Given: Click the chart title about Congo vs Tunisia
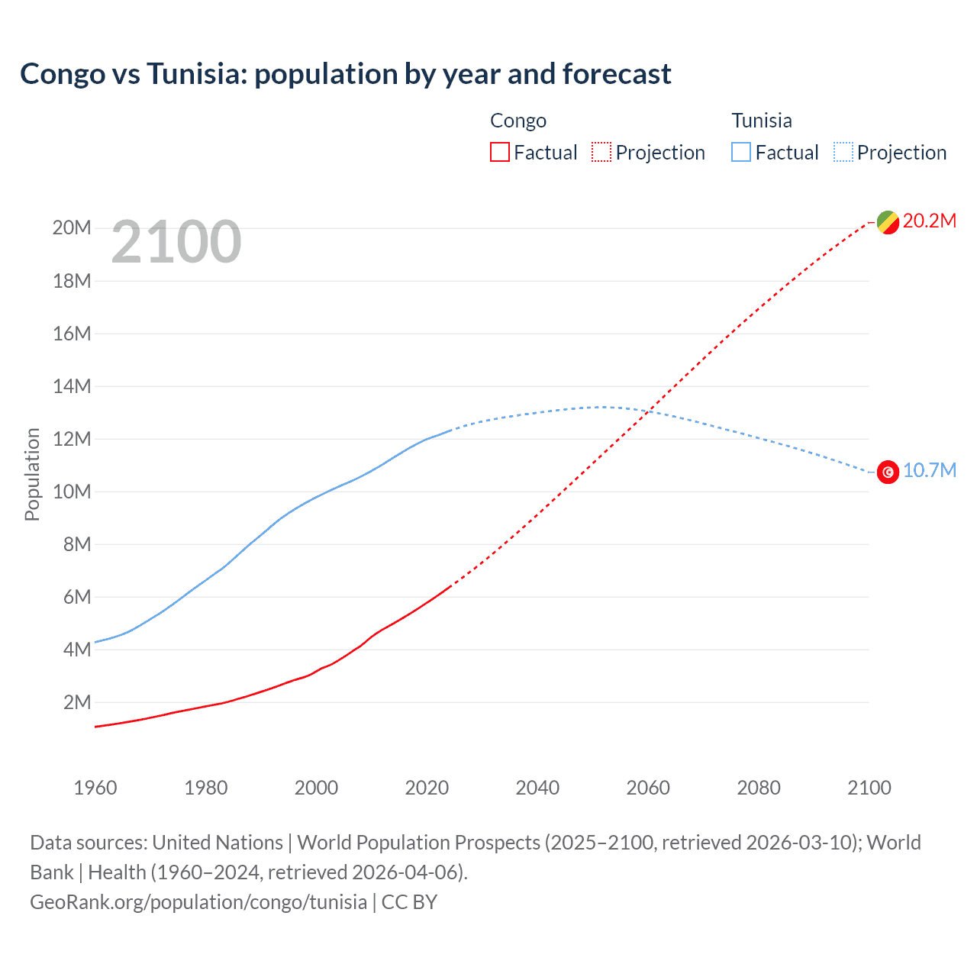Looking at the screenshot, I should (345, 74).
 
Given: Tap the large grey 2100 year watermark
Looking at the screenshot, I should (176, 242).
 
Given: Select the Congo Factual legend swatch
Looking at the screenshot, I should (499, 153).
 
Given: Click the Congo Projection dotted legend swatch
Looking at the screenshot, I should (601, 153).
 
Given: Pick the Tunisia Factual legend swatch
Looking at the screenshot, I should (740, 153).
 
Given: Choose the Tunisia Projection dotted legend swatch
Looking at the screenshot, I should (843, 153).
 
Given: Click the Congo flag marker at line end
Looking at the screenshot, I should (888, 222).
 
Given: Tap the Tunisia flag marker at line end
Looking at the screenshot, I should (888, 472).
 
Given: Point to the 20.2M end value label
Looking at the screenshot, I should (929, 221).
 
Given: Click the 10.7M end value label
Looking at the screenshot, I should (929, 471).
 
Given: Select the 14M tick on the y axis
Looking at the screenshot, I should (72, 387).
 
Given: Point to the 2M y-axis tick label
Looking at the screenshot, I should (76, 702).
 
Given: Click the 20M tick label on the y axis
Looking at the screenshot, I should (72, 228).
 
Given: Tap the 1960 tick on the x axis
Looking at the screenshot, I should (95, 788).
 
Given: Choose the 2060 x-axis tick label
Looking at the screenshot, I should (648, 788).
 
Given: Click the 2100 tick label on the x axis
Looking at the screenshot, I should (869, 788).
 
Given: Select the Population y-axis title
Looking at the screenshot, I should (32, 474).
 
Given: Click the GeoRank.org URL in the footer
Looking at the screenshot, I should (198, 902).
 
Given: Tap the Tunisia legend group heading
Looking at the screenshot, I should (761, 121).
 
